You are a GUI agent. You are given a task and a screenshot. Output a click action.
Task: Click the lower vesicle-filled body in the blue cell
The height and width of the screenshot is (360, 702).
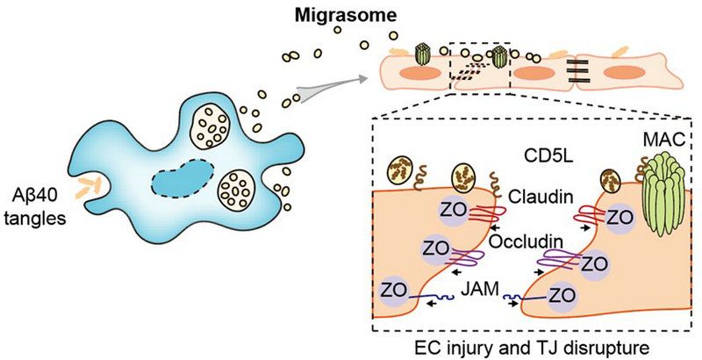237,189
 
